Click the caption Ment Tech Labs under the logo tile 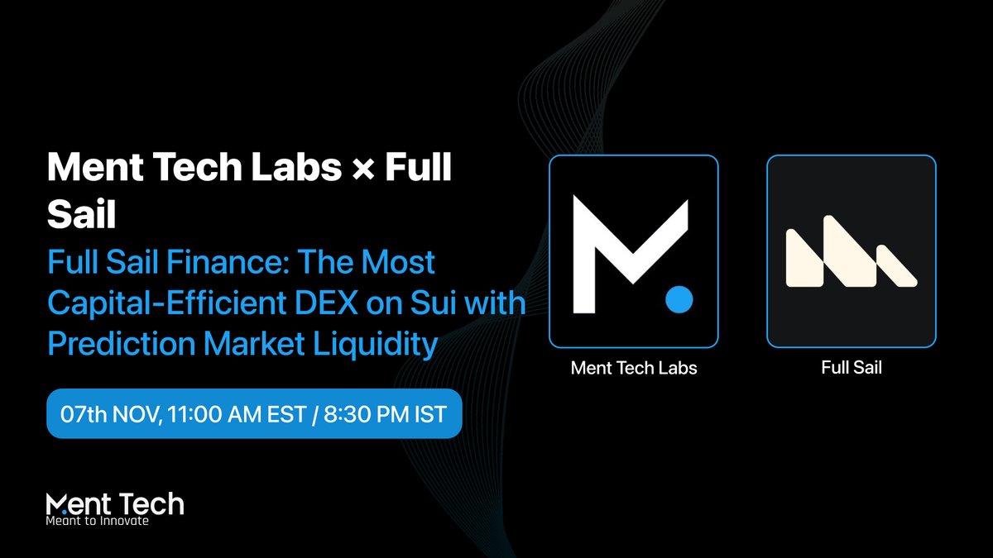click(x=634, y=368)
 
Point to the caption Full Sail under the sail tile click(x=851, y=368)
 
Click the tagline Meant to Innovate click(x=98, y=522)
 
